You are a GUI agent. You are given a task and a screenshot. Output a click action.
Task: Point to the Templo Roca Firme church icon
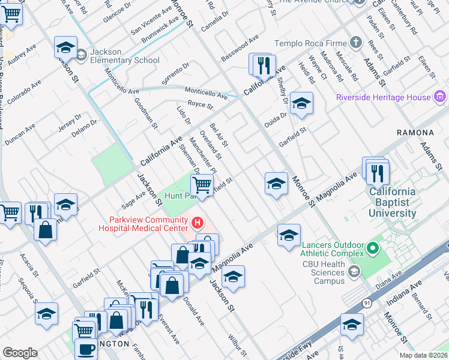click(x=356, y=43)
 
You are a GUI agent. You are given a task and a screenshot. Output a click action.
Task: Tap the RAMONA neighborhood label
click(x=415, y=132)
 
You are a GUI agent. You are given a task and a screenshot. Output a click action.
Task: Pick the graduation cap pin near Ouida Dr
click(x=301, y=103)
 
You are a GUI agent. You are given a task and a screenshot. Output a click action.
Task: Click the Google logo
click(x=20, y=353)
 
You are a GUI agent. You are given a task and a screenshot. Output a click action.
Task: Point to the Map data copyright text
click(x=424, y=355)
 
